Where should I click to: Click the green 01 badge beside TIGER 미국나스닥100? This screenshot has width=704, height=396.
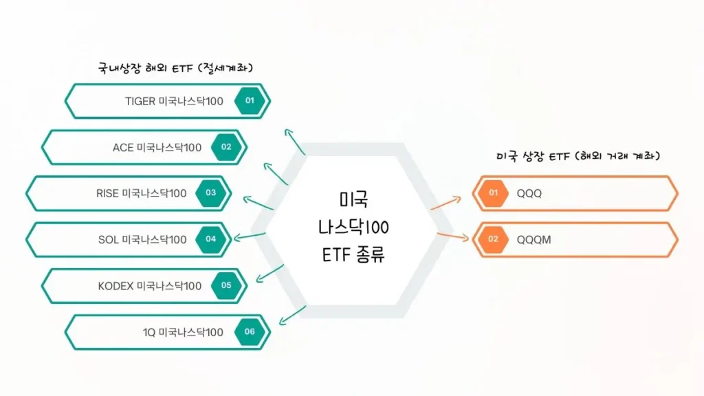pos(250,101)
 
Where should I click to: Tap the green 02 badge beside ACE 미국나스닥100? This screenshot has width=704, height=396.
pos(226,147)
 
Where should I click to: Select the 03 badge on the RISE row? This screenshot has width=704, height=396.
pos(211,193)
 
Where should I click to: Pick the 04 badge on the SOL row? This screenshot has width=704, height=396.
pos(211,239)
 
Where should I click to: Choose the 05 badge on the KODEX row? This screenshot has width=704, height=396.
pos(226,285)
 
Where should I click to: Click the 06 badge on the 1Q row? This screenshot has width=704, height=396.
pos(250,331)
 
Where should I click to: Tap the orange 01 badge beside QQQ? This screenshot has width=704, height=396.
pos(493,193)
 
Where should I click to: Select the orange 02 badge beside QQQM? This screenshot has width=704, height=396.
pos(493,239)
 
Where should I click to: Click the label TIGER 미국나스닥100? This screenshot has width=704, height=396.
pos(174,101)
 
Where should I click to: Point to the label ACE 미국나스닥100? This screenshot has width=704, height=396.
pos(157,147)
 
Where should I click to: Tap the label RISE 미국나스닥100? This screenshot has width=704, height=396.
pos(141,193)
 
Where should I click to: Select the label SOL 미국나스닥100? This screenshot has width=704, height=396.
pos(142,239)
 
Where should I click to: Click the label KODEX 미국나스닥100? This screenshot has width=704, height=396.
pos(149,285)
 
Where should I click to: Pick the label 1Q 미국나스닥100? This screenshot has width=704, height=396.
pos(183,331)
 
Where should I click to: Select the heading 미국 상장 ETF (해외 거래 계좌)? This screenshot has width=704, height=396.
pos(577,156)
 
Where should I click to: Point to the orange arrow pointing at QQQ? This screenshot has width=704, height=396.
pos(446,202)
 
